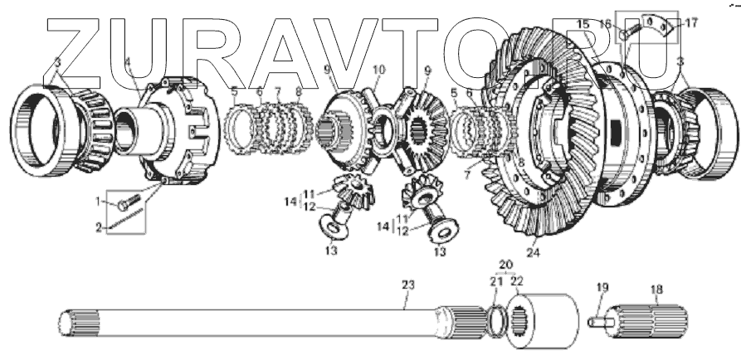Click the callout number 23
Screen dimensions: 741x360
point(407,285)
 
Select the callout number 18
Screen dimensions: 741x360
point(656,289)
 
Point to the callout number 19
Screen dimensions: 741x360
point(602,289)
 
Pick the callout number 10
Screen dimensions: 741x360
point(379,70)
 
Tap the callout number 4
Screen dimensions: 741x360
point(127,63)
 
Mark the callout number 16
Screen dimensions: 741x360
point(628,22)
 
